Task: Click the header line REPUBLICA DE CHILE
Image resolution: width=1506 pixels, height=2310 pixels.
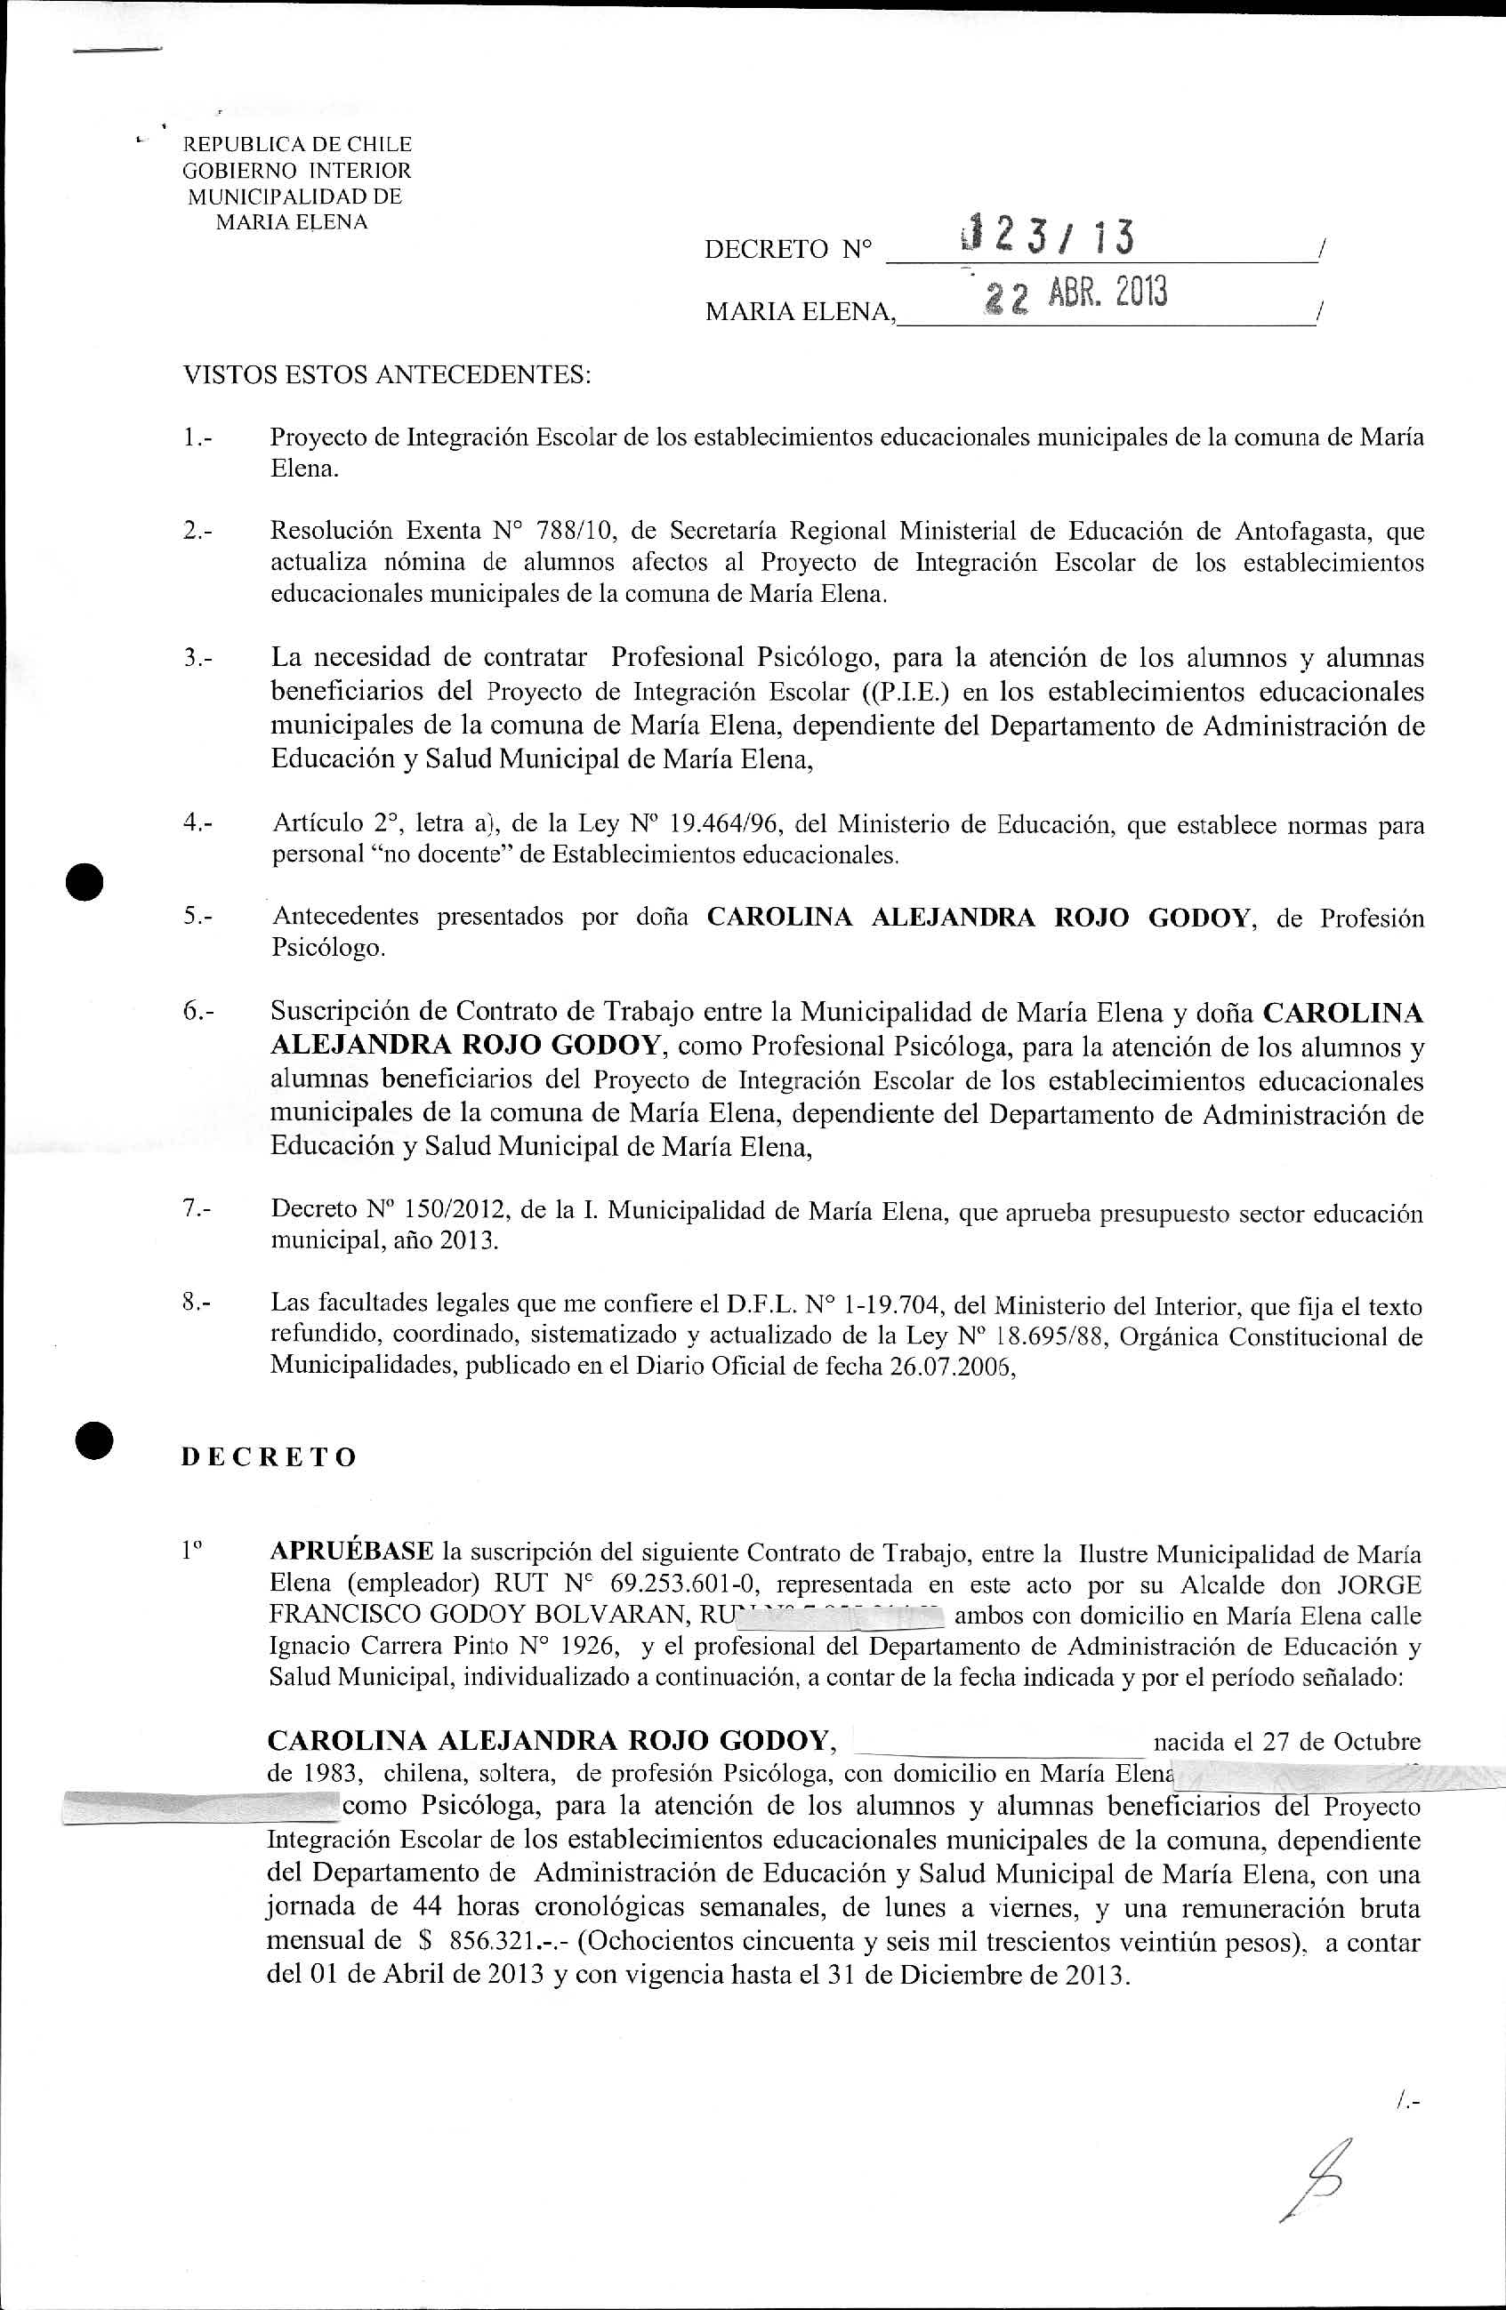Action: (298, 145)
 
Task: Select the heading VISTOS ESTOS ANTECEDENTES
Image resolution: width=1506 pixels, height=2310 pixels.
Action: (386, 374)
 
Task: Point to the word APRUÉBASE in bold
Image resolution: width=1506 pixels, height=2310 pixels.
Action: (351, 1554)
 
